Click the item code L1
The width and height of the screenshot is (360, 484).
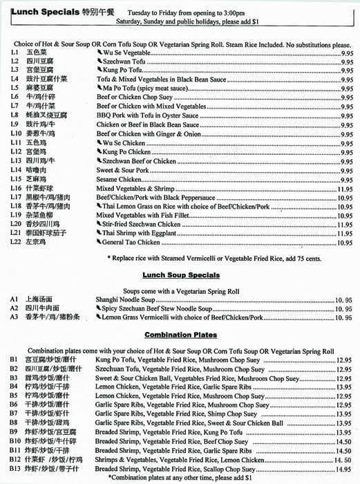pyautogui.click(x=15, y=53)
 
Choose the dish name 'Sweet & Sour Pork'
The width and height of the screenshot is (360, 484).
pyautogui.click(x=122, y=169)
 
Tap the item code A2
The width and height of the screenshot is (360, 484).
pyautogui.click(x=14, y=308)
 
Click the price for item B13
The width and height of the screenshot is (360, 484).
pyautogui.click(x=343, y=468)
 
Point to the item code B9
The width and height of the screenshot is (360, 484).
pyautogui.click(x=14, y=431)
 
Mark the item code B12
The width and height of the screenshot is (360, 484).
pyautogui.click(x=15, y=459)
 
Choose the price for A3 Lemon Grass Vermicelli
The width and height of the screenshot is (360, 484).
pyautogui.click(x=343, y=317)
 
